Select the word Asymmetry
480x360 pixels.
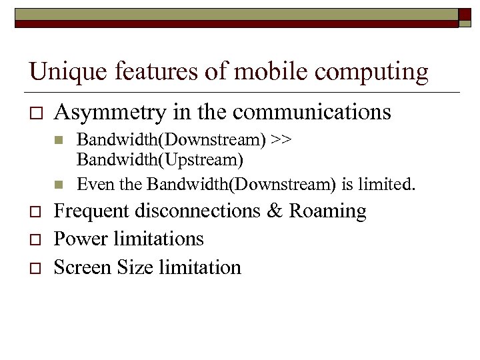coord(109,113)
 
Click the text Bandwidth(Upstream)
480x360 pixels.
coord(160,160)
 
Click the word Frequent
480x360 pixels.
coord(91,211)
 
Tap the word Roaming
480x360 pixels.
coord(327,212)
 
